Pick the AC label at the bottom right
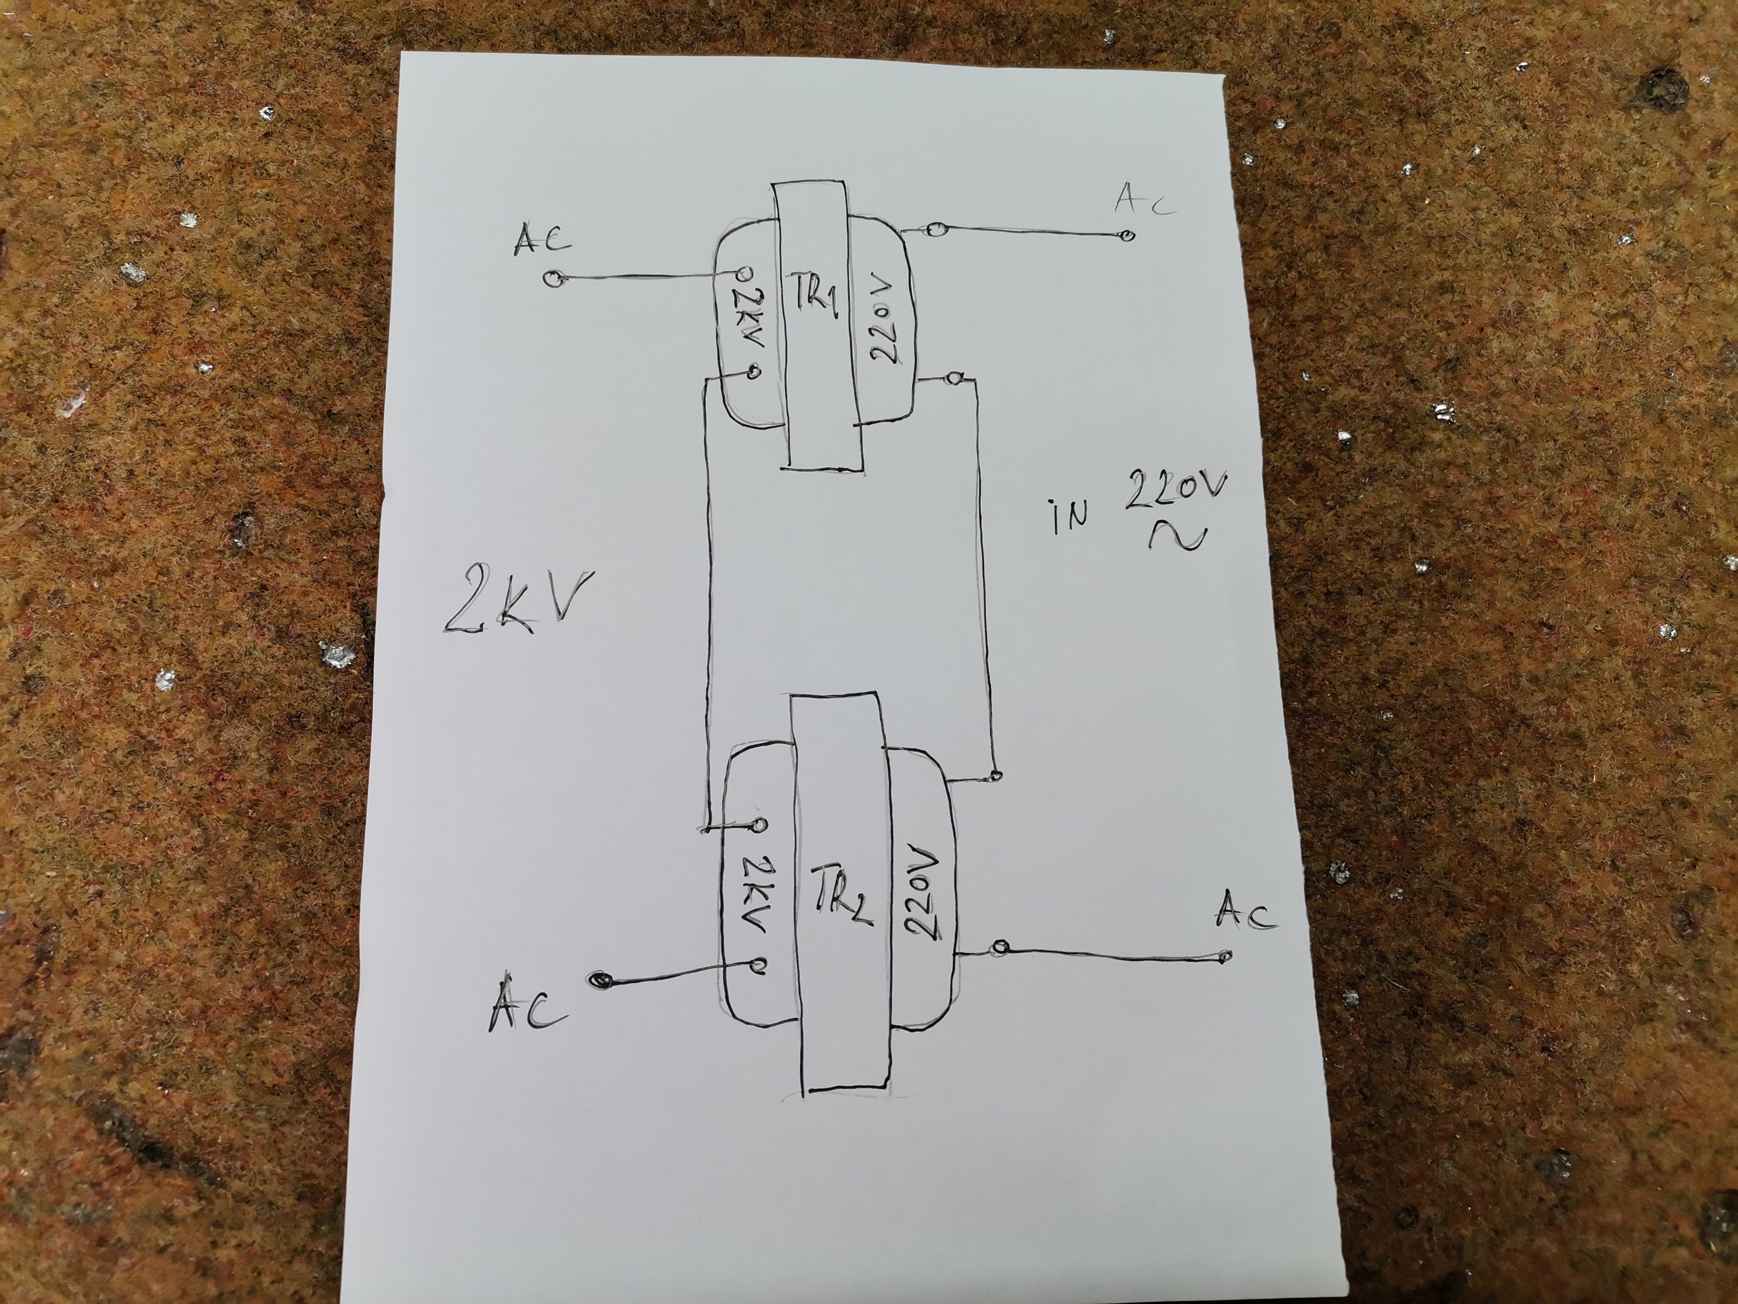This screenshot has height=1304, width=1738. [1245, 916]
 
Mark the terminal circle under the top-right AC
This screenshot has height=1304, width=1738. [1128, 235]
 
